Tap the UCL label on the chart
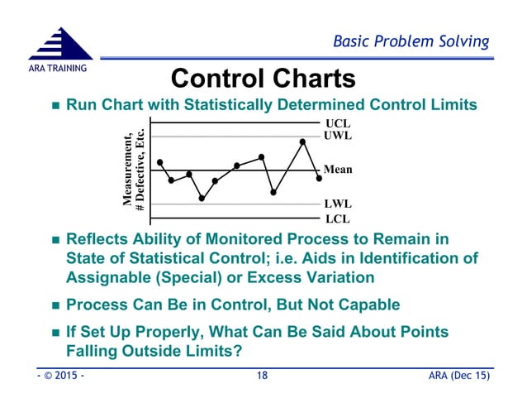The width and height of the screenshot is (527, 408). pyautogui.click(x=339, y=122)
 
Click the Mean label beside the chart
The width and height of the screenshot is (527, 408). pyautogui.click(x=338, y=170)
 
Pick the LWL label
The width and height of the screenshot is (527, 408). pyautogui.click(x=339, y=204)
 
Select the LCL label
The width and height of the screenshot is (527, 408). pyautogui.click(x=338, y=218)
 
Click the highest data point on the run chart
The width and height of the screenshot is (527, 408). pyautogui.click(x=303, y=142)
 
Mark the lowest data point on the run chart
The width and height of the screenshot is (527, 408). pyautogui.click(x=202, y=198)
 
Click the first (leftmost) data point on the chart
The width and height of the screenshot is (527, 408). pyautogui.click(x=159, y=162)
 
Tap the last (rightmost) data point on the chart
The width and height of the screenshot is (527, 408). pyautogui.click(x=319, y=178)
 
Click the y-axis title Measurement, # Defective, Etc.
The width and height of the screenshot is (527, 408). pyautogui.click(x=134, y=170)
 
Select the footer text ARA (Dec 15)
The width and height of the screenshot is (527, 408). pyautogui.click(x=458, y=378)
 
